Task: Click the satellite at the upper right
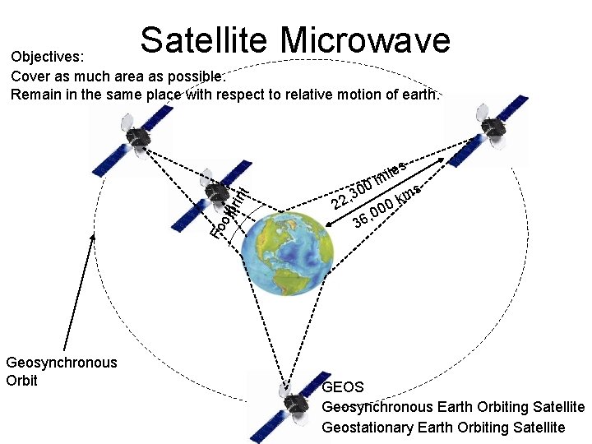(490, 125)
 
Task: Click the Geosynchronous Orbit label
(61, 371)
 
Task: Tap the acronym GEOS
(343, 386)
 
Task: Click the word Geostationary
(368, 427)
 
